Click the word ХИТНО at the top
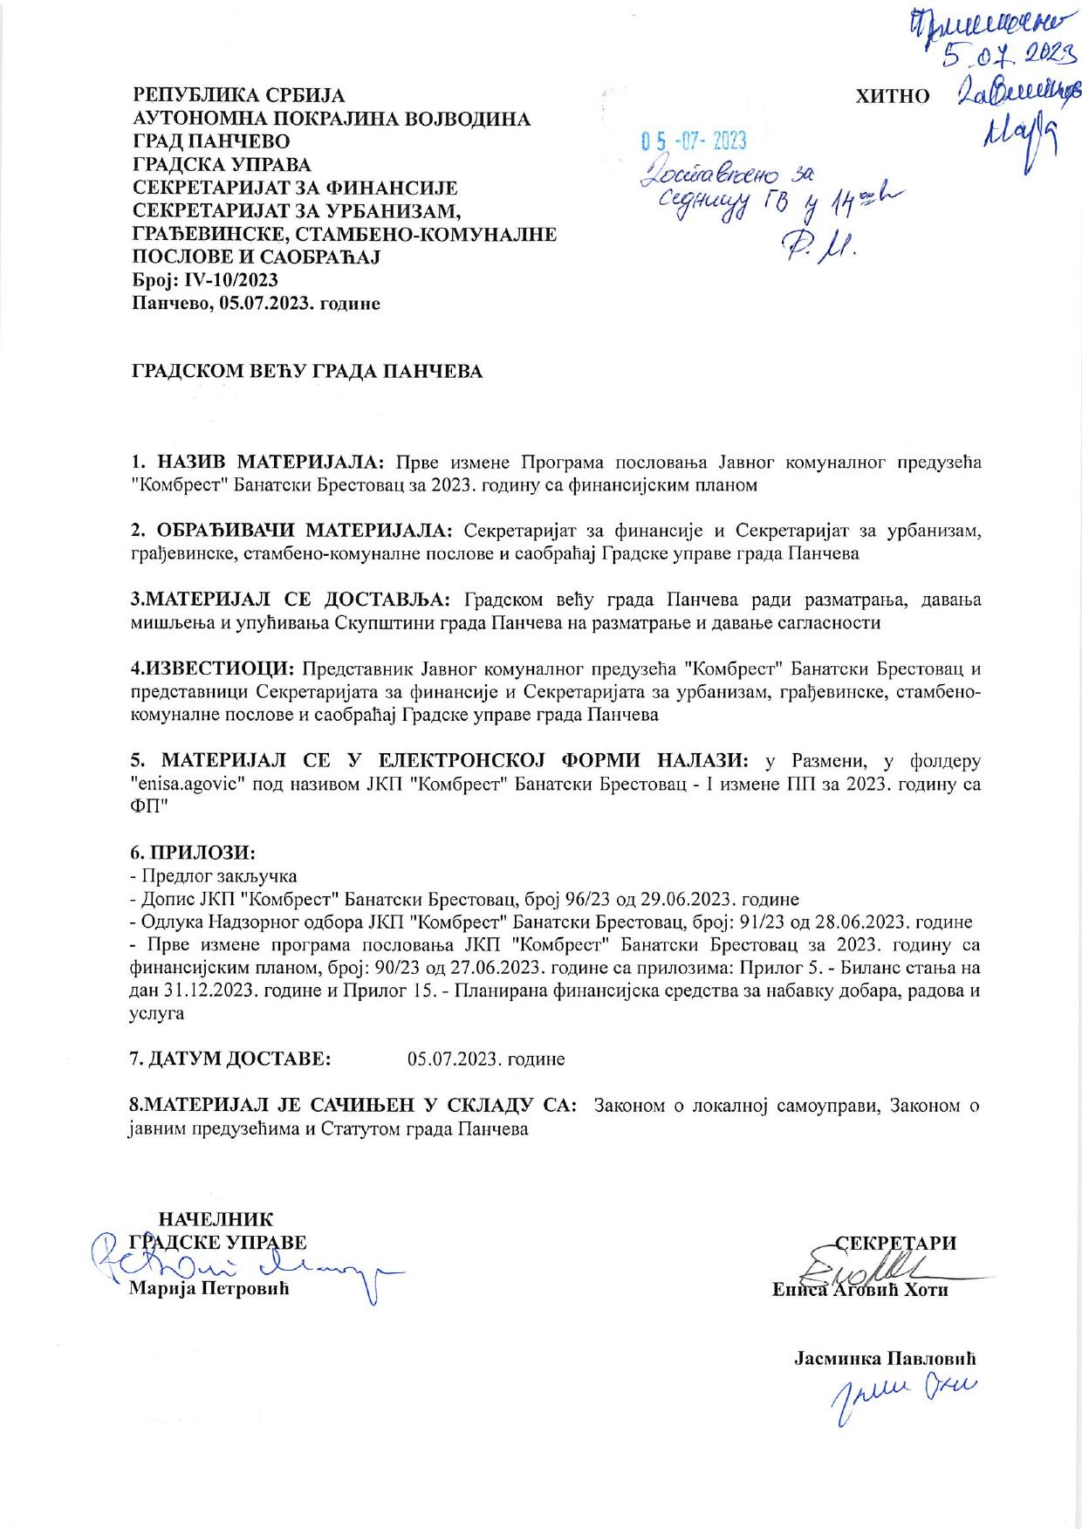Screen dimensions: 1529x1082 pyautogui.click(x=894, y=96)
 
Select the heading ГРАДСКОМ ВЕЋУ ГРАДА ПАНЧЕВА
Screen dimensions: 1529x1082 pyautogui.click(x=306, y=372)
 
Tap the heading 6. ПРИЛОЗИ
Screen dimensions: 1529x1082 pyautogui.click(x=192, y=851)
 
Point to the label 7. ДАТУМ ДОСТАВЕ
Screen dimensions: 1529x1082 pyautogui.click(x=230, y=1059)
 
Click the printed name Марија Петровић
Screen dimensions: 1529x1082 pyautogui.click(x=209, y=1288)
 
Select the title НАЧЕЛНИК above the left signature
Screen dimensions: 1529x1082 pyautogui.click(x=215, y=1219)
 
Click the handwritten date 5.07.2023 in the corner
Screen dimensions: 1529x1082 pyautogui.click(x=1007, y=56)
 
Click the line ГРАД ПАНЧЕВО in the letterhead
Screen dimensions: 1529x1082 pyautogui.click(x=211, y=141)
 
